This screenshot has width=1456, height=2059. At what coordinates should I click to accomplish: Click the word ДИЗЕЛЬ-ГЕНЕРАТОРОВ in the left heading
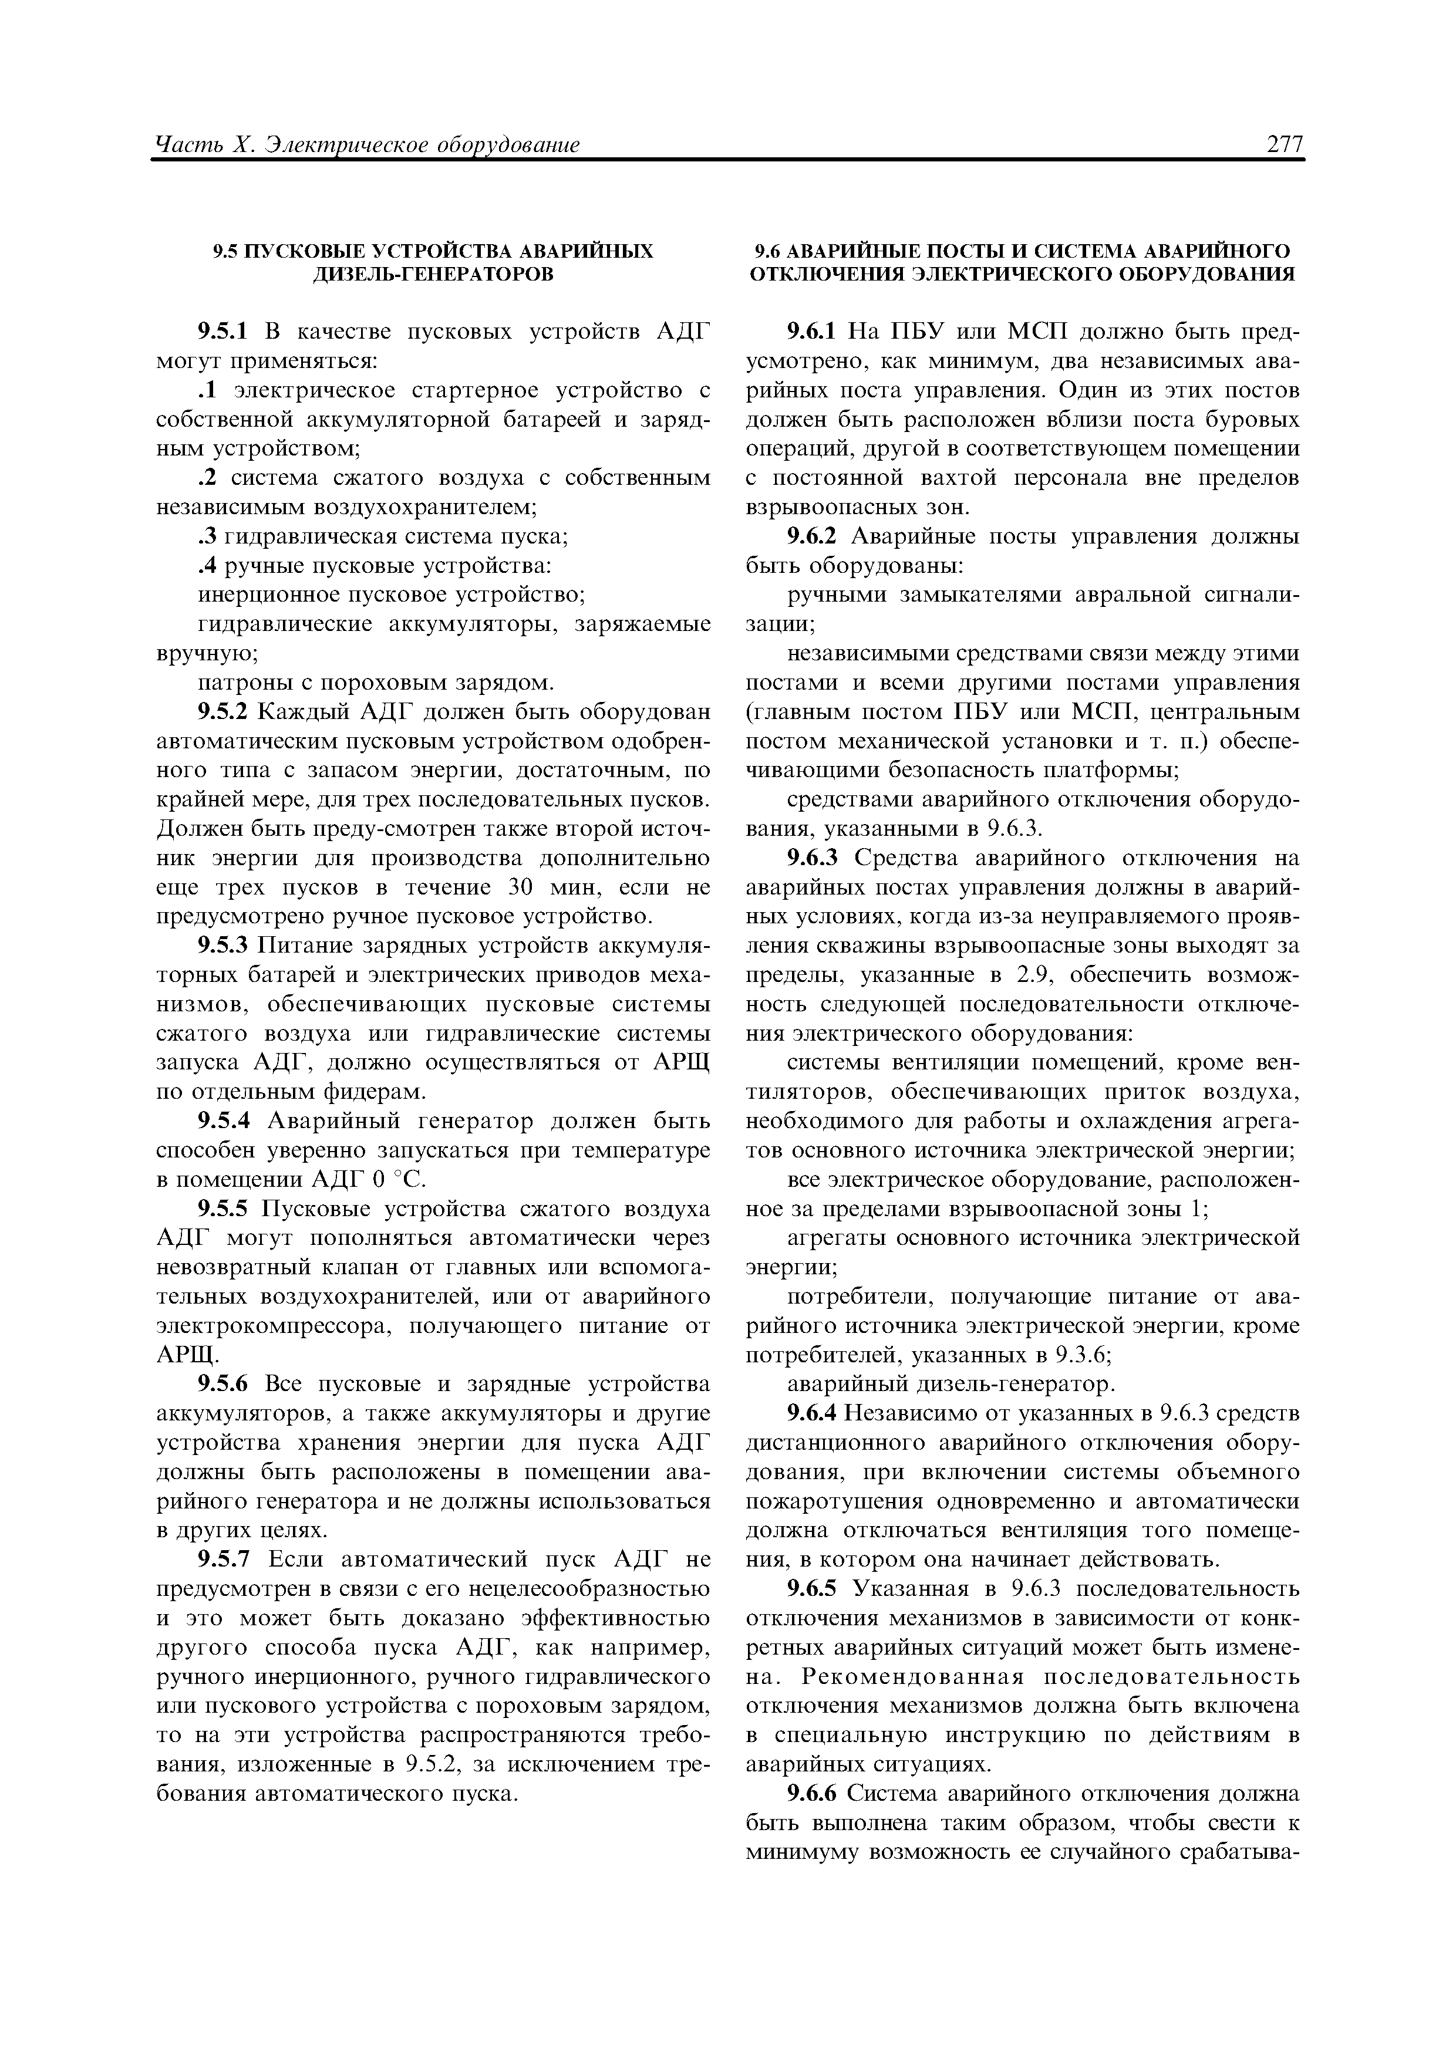click(x=433, y=274)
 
